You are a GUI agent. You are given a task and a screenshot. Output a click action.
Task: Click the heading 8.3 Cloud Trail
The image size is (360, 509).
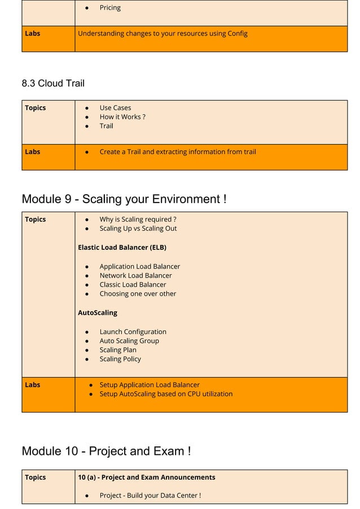53,84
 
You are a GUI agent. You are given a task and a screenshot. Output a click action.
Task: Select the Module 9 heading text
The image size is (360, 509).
124,199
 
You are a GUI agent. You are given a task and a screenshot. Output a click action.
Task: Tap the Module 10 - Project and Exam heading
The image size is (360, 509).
106,451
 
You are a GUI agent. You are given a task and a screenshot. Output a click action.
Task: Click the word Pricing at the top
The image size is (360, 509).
110,8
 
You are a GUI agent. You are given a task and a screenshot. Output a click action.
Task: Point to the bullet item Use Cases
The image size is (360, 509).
115,108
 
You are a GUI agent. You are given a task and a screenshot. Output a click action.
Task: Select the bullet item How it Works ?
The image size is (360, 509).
122,117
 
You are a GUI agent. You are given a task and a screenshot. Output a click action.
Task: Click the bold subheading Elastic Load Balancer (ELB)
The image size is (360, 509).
122,247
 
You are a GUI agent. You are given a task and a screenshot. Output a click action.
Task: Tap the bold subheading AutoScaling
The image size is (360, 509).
98,313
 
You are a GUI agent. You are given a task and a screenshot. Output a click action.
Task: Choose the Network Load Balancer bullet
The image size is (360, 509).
135,275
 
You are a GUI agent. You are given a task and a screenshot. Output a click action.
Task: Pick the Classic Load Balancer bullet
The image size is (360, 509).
133,284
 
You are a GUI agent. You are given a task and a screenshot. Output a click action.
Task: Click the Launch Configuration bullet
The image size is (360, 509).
133,332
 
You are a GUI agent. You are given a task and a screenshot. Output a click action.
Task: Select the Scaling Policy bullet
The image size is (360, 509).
120,359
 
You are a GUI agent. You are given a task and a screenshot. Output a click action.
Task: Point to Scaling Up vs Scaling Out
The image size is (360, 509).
138,229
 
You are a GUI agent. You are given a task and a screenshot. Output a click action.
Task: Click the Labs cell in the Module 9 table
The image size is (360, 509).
33,385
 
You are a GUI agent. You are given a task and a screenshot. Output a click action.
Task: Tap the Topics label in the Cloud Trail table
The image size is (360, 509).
36,108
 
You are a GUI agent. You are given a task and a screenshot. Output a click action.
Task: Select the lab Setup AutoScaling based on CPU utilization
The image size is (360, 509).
166,394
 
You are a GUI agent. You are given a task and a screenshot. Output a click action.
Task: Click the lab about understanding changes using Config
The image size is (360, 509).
163,33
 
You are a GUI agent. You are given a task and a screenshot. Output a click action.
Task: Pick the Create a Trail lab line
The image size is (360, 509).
178,152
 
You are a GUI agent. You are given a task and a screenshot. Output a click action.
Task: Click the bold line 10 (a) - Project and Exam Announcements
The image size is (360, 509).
147,477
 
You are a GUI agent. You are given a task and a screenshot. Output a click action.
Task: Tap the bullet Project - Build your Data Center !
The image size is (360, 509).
150,495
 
